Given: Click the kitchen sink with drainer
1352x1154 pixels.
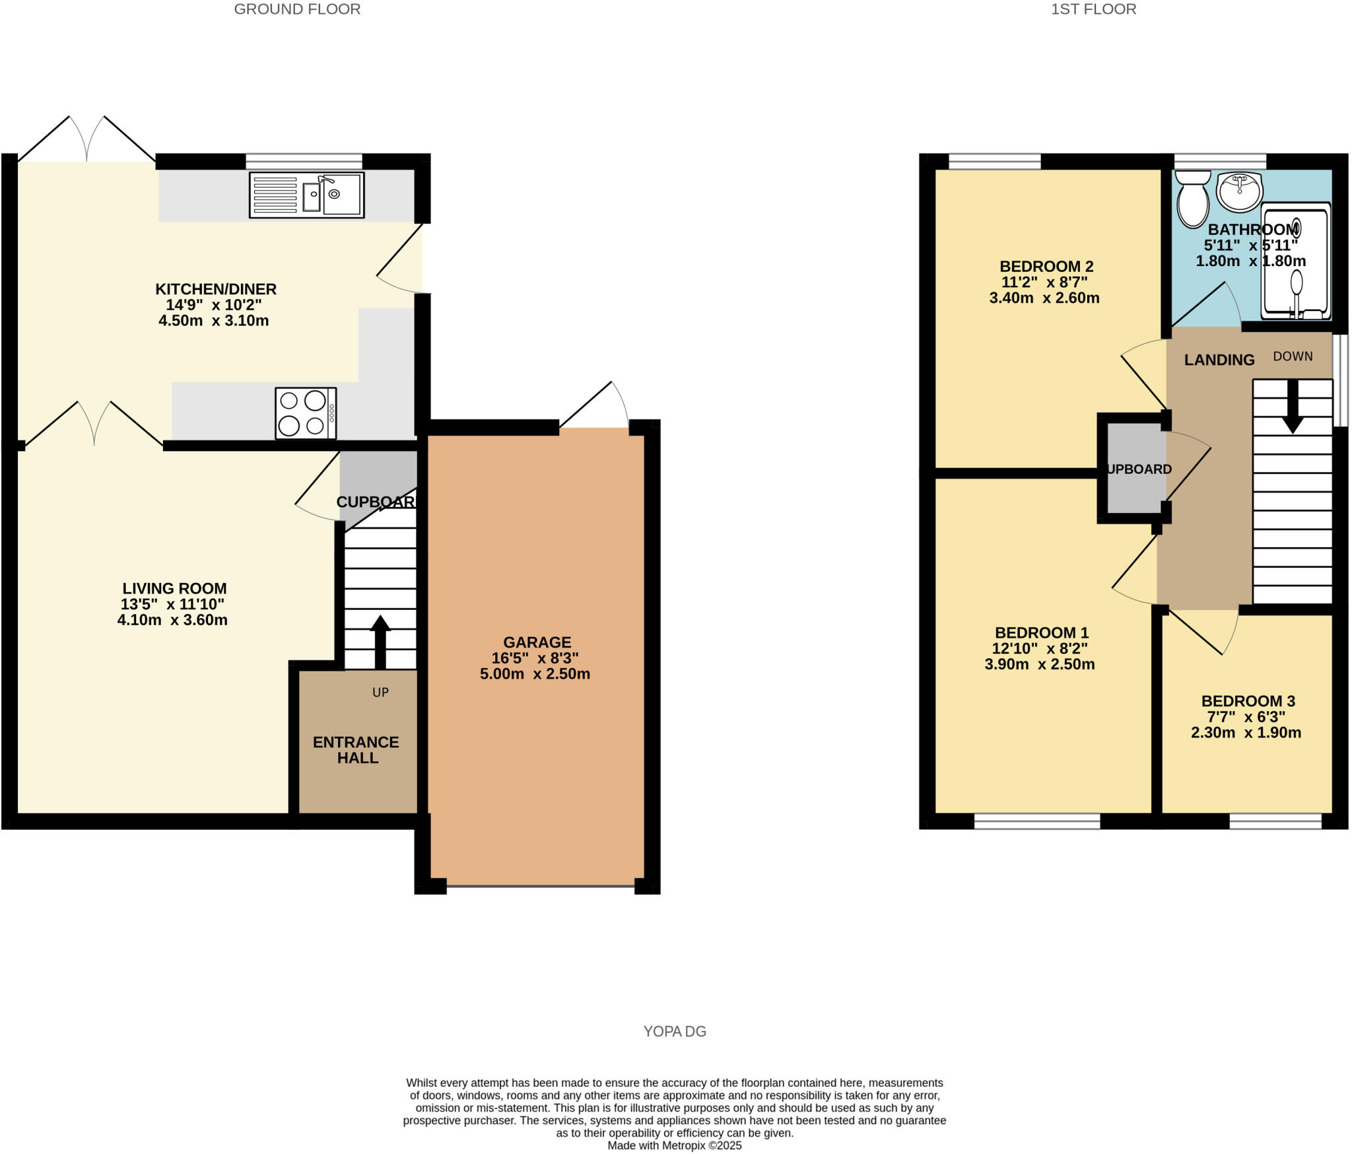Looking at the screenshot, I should tap(306, 195).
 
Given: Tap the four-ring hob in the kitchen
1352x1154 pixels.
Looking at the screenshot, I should tap(305, 413).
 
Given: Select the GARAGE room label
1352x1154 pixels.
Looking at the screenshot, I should tap(537, 642).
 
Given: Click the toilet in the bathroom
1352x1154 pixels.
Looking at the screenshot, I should tap(1192, 199).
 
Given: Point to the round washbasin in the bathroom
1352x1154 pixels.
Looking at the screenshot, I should tap(1240, 191).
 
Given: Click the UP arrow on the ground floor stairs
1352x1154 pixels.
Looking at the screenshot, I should tap(380, 642).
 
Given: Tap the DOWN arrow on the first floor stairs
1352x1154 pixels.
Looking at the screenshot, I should tap(1292, 407).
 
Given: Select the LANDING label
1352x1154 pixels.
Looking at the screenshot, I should tap(1219, 360).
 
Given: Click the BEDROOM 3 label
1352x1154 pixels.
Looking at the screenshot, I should tap(1248, 701).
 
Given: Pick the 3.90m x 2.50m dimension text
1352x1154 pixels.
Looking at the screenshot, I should tap(1039, 664).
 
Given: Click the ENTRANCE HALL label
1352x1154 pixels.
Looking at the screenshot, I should tap(356, 750).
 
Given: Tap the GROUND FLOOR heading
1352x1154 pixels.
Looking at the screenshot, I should tap(297, 9).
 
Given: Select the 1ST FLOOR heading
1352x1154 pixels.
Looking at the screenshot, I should tap(1093, 9).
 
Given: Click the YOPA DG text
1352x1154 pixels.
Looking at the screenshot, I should tap(675, 1031).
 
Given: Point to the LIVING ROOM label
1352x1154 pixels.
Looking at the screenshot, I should tap(174, 588).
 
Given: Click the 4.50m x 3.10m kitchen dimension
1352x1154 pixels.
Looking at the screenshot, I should tap(213, 321).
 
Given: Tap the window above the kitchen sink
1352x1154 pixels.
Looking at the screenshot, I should tap(304, 161).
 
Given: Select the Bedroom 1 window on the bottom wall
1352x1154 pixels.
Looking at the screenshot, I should tap(1036, 821).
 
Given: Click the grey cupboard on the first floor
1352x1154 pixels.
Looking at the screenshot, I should tap(1135, 469).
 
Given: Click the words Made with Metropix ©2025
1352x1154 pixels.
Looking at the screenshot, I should tap(675, 1146).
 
